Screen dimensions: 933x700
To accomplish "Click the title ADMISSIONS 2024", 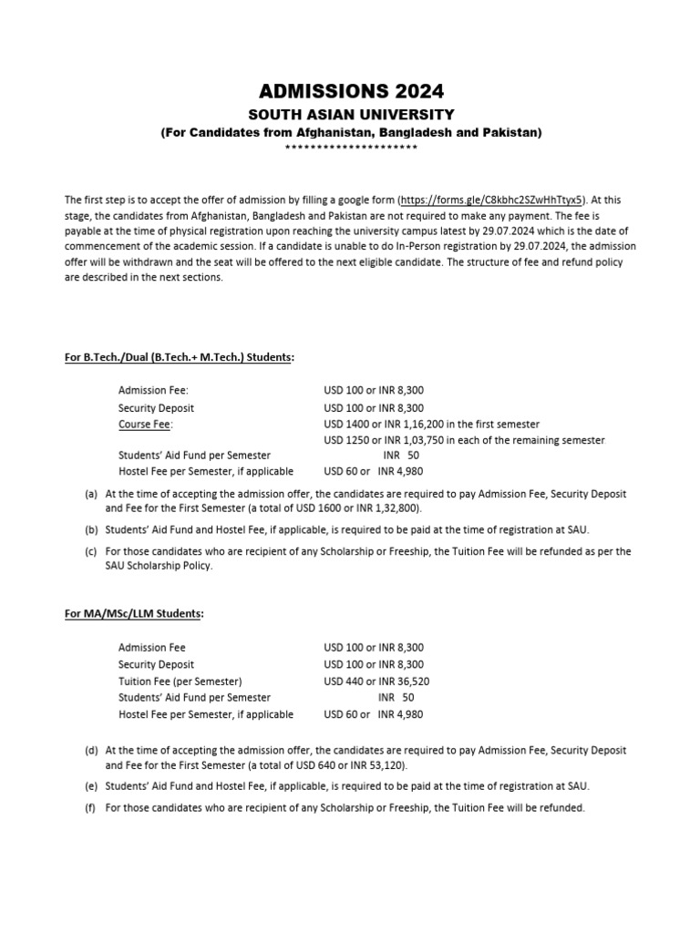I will pyautogui.click(x=351, y=91).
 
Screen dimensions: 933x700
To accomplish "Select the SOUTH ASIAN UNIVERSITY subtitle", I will pyautogui.click(x=351, y=115).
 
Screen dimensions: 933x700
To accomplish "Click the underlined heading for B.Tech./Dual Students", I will pyautogui.click(x=179, y=357).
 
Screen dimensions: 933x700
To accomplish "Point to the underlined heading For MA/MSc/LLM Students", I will pyautogui.click(x=134, y=614).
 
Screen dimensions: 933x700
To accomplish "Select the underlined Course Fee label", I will pyautogui.click(x=145, y=424).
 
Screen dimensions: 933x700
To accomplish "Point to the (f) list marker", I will pyautogui.click(x=91, y=808).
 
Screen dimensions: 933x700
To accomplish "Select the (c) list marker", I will pyautogui.click(x=91, y=551).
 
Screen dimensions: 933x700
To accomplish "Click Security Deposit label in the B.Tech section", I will pyautogui.click(x=156, y=407).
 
